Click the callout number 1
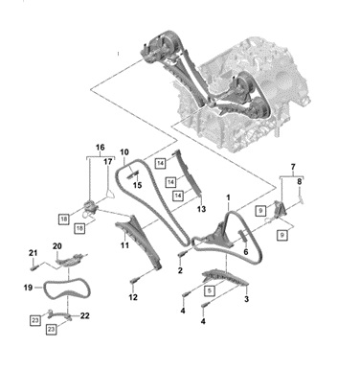tap(228, 197)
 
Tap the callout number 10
tap(124, 151)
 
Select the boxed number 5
tap(209, 291)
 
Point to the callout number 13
tap(201, 209)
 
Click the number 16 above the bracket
tap(100, 148)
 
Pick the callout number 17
tap(108, 162)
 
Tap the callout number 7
tap(293, 167)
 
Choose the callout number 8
tap(299, 182)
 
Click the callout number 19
tap(28, 288)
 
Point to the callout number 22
tap(84, 315)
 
